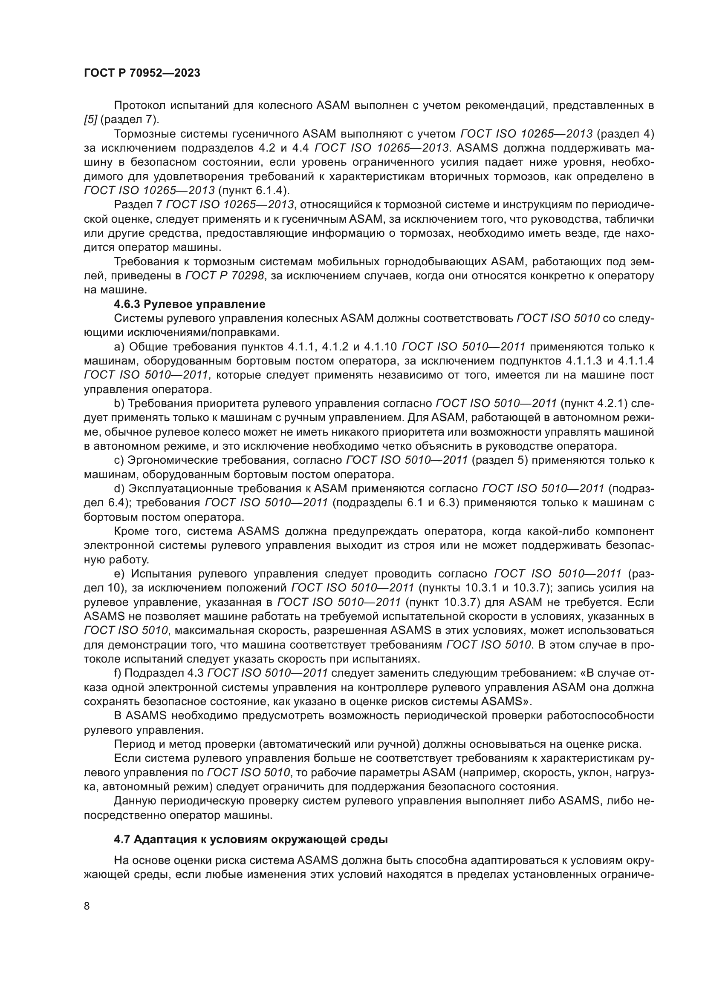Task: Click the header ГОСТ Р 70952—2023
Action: [x=142, y=73]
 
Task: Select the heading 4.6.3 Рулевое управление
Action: [x=189, y=304]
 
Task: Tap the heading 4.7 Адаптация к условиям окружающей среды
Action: [x=251, y=839]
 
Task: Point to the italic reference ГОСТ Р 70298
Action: [x=225, y=276]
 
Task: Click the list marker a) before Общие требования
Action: [x=119, y=347]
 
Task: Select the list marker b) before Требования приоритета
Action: [x=119, y=403]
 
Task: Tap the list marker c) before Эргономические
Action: [x=119, y=460]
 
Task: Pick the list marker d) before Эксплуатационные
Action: [x=119, y=488]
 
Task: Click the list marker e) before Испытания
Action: [x=119, y=574]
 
